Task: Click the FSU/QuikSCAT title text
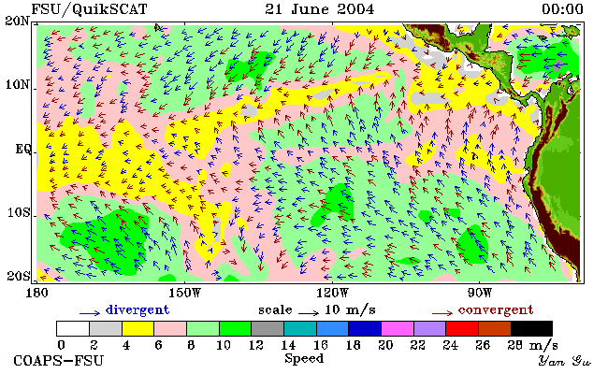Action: pos(89,9)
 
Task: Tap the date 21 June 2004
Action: pos(320,9)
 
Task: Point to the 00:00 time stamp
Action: pos(562,9)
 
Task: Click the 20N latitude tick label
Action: pos(18,21)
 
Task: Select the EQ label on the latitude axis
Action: pos(22,149)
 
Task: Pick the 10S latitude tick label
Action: pos(19,212)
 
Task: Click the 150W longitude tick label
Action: pos(185,293)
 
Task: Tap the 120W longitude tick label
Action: pos(332,293)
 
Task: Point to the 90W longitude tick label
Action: pos(479,293)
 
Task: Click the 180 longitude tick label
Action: pos(36,293)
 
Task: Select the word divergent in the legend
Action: pos(138,310)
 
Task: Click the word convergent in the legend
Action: pos(496,310)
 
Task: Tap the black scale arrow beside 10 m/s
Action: pos(309,312)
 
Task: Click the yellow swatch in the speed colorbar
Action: pos(138,328)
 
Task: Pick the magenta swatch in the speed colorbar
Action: pos(398,328)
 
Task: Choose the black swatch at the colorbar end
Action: pos(531,328)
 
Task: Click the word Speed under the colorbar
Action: pos(304,358)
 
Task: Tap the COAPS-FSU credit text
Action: pos(59,361)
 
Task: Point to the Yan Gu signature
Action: pos(564,361)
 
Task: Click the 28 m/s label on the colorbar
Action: pos(532,345)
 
